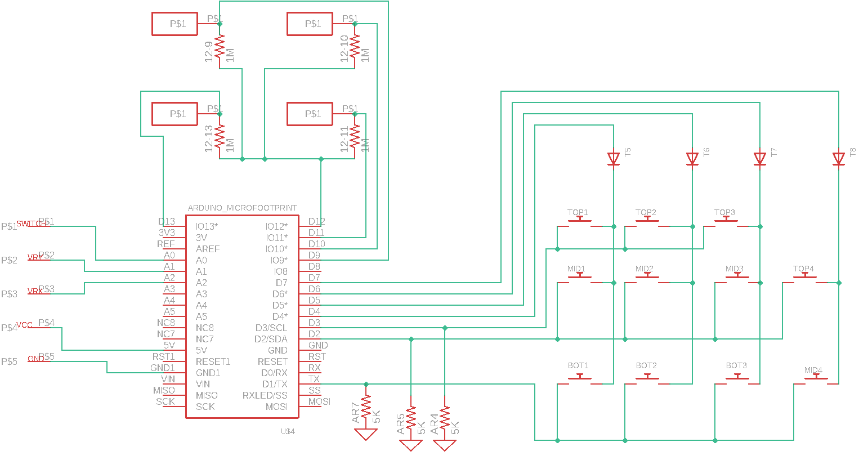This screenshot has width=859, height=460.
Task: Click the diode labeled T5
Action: [614, 159]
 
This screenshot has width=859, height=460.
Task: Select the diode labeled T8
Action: [839, 159]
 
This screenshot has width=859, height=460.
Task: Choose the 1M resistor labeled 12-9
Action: [220, 46]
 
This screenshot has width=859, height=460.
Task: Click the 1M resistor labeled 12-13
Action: [220, 136]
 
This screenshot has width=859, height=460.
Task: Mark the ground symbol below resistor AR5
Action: [411, 445]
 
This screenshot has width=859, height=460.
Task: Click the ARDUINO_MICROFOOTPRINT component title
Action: [242, 208]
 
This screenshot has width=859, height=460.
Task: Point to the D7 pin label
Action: [314, 278]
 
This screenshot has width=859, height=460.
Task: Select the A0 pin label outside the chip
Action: [169, 255]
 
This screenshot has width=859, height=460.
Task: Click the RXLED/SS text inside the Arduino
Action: [265, 395]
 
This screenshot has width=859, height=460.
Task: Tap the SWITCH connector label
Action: [31, 224]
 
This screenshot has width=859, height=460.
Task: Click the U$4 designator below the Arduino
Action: [288, 431]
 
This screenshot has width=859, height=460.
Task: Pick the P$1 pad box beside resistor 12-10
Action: [310, 24]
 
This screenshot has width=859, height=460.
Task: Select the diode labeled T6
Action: [692, 159]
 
